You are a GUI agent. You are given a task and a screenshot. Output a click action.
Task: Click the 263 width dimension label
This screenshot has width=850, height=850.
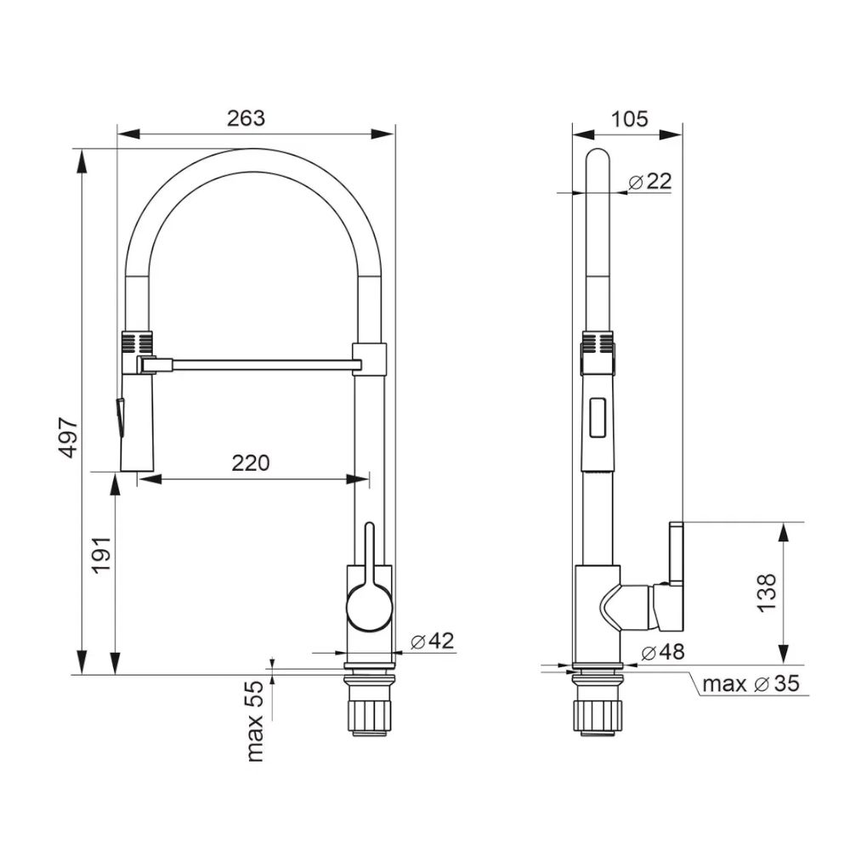(x=246, y=117)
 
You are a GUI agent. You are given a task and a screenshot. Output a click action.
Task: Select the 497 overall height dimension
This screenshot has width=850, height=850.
(x=70, y=438)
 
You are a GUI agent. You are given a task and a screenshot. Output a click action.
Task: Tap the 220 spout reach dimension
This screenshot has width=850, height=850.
(x=251, y=463)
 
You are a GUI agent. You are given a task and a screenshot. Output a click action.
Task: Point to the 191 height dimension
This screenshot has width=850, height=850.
(x=101, y=554)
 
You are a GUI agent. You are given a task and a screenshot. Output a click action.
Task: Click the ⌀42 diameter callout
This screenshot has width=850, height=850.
(x=432, y=641)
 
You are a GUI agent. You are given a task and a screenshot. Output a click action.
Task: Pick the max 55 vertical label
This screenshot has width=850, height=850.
(x=255, y=721)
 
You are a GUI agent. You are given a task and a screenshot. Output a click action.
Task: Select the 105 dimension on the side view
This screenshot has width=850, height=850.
(x=629, y=118)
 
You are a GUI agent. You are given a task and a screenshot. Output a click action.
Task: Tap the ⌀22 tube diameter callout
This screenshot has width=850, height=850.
(x=650, y=181)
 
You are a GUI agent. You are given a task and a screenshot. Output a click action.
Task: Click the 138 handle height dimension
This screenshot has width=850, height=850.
(x=767, y=593)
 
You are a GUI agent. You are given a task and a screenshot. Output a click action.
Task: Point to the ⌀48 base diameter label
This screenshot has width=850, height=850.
(x=662, y=652)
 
